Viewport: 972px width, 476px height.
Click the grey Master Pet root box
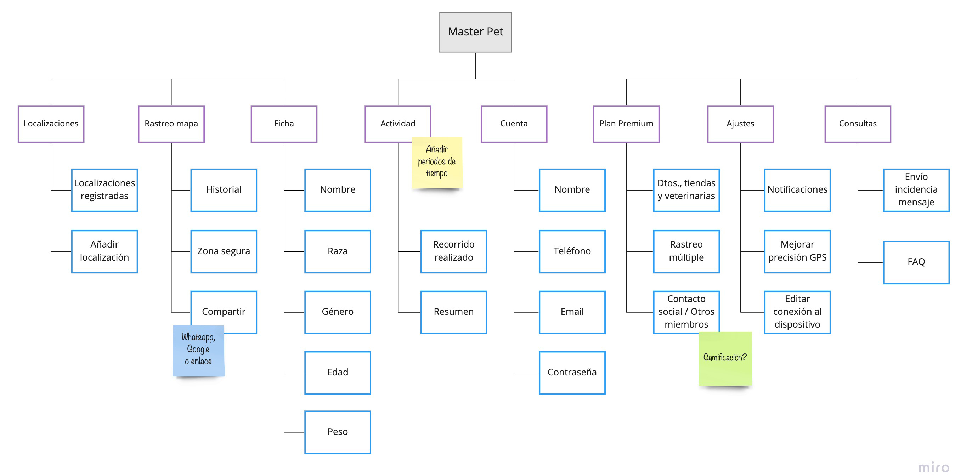[x=475, y=32]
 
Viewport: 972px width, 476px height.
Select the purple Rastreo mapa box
[x=171, y=124]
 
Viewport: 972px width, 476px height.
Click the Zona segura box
[x=224, y=251]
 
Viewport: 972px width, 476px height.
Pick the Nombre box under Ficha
[x=337, y=190]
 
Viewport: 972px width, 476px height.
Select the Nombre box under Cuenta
[x=572, y=190]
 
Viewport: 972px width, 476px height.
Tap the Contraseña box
[x=572, y=372]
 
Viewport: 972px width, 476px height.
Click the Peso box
[x=337, y=431]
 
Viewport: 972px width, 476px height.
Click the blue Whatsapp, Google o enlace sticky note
[x=198, y=351]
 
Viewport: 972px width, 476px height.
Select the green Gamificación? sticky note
[x=724, y=358]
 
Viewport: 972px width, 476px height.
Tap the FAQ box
[x=916, y=262]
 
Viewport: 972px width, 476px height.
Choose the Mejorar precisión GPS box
[x=797, y=251]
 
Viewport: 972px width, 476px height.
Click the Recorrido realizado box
[x=453, y=251]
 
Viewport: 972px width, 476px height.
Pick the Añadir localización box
[x=104, y=251]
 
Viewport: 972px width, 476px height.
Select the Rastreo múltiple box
[x=686, y=251]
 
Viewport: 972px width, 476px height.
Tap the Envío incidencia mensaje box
[x=916, y=190]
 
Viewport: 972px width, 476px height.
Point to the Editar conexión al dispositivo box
[x=797, y=312]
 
